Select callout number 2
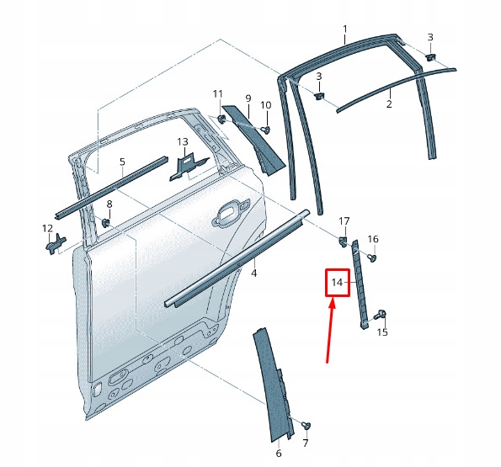click(389, 104)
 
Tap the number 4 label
click(253, 273)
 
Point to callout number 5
click(122, 162)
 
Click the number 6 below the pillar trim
click(279, 454)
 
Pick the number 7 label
click(306, 443)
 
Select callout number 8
click(109, 205)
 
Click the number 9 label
click(248, 98)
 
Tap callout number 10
click(265, 105)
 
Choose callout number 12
click(47, 228)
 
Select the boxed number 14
click(338, 283)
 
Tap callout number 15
click(382, 332)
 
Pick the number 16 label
click(373, 239)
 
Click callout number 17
click(344, 221)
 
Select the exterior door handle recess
click(230, 215)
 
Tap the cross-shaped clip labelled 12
click(54, 244)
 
